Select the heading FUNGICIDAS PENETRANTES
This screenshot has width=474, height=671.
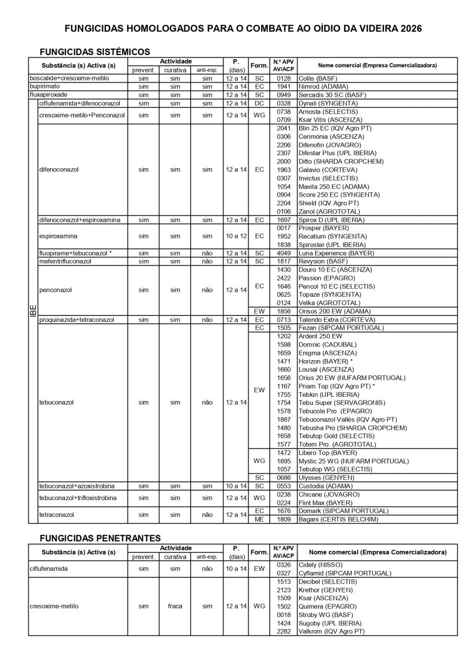tap(100, 538)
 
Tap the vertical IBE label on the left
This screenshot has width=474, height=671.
tap(33, 310)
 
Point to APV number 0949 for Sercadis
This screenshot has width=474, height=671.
tap(283, 95)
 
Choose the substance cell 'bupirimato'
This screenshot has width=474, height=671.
tap(45, 86)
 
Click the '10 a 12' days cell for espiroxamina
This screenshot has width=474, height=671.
tap(236, 236)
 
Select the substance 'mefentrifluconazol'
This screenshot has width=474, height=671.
tap(65, 261)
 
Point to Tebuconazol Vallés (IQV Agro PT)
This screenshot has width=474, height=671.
tap(347, 419)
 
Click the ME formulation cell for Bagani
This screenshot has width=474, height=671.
tap(259, 519)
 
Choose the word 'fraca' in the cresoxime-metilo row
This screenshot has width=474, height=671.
tap(175, 606)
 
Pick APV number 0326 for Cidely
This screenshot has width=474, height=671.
tap(283, 565)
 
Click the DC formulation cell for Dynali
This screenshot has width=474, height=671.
tap(259, 103)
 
